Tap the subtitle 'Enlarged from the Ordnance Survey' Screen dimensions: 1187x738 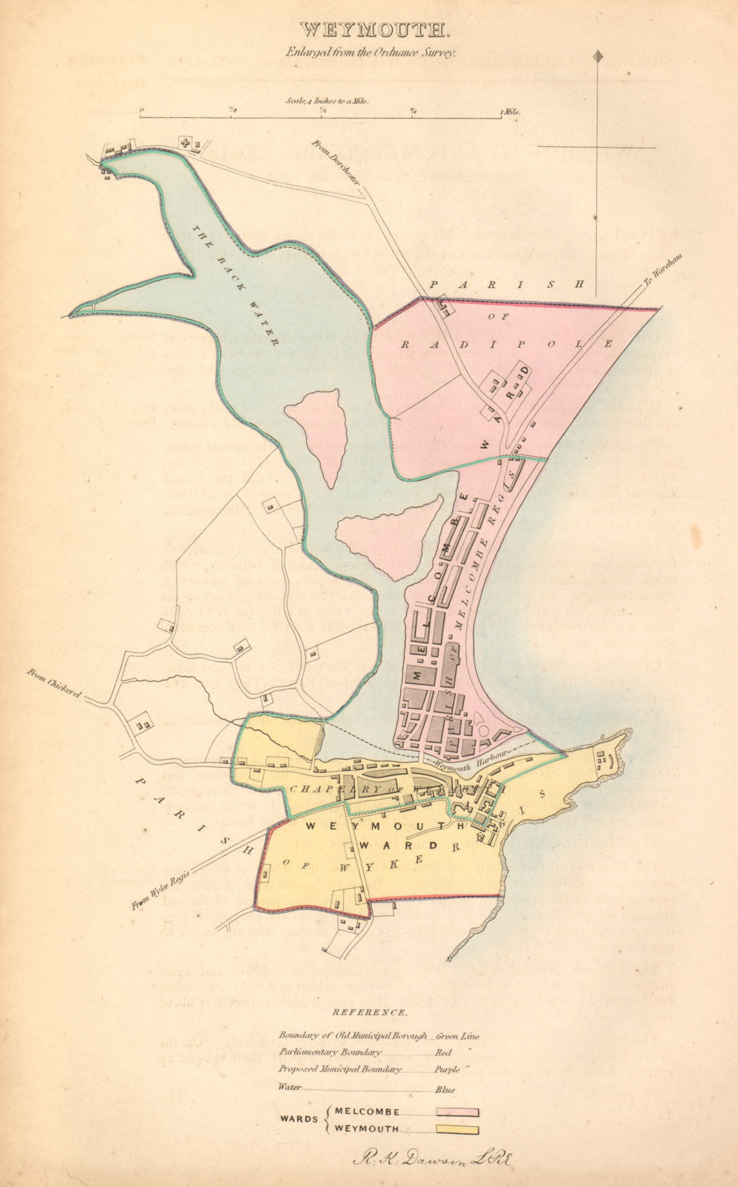(x=370, y=53)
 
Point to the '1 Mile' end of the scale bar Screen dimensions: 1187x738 (x=511, y=112)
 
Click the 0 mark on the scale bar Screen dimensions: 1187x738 (x=142, y=111)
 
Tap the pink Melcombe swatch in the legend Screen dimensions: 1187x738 (x=458, y=1112)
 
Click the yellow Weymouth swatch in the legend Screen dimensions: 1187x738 (x=458, y=1131)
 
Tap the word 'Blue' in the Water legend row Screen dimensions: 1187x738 (x=445, y=1090)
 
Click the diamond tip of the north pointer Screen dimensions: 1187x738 (x=598, y=55)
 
